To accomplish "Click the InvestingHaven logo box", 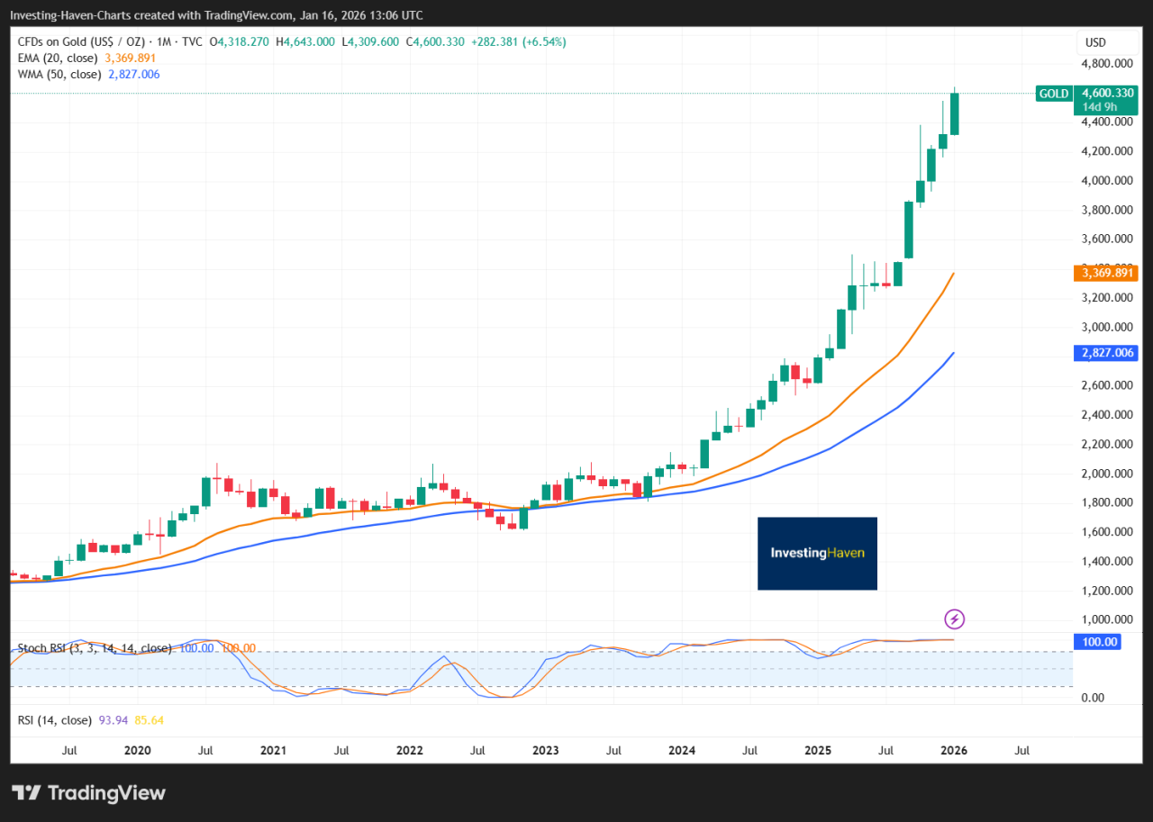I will (x=817, y=553).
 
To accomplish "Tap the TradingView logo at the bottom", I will (x=89, y=792).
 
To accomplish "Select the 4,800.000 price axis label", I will (x=1107, y=64).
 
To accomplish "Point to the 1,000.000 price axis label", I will (x=1107, y=619).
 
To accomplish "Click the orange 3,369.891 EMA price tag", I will (x=1107, y=273).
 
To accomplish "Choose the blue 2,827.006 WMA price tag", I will (x=1107, y=353).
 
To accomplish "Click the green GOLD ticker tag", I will (x=1054, y=94).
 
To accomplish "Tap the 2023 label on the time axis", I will (x=545, y=749).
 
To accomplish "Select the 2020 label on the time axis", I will (x=137, y=749).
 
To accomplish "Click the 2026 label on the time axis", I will (x=953, y=749).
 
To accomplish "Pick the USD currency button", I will (x=1095, y=42).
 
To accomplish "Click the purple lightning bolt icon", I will (x=955, y=619).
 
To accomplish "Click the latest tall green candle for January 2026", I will (x=954, y=113).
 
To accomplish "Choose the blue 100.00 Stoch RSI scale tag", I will (x=1099, y=641).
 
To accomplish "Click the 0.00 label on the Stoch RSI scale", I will (x=1093, y=698).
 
